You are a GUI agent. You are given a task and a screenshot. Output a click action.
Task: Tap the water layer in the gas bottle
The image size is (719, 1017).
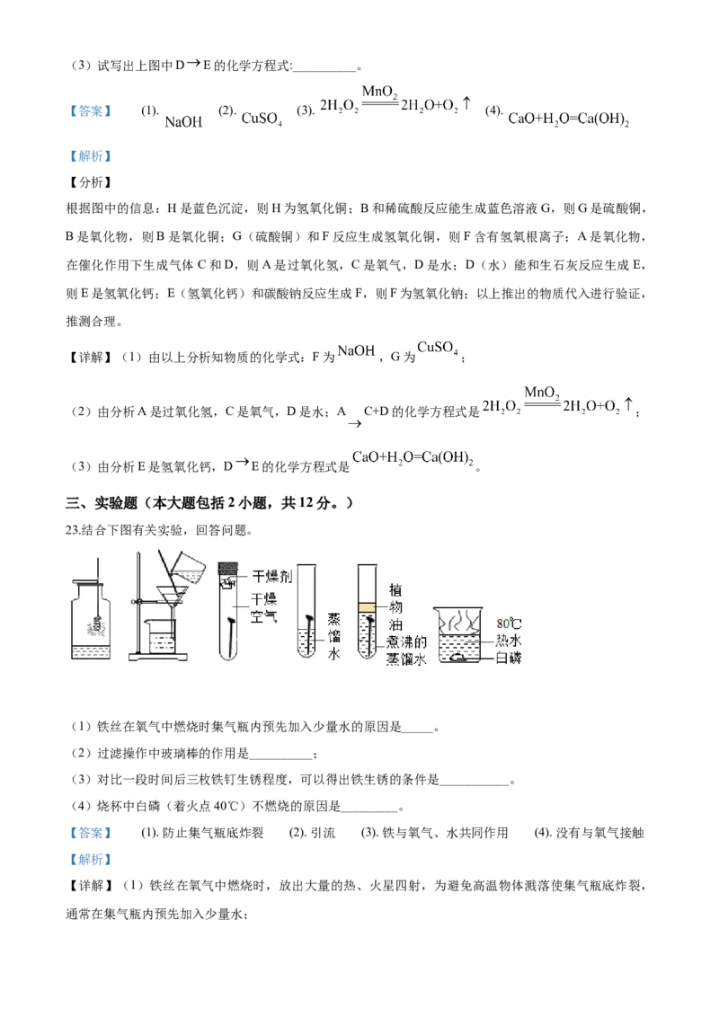point(90,654)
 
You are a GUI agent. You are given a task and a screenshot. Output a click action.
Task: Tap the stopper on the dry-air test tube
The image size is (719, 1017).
point(228,567)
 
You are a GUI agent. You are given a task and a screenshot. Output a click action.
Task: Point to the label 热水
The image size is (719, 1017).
point(509,639)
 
